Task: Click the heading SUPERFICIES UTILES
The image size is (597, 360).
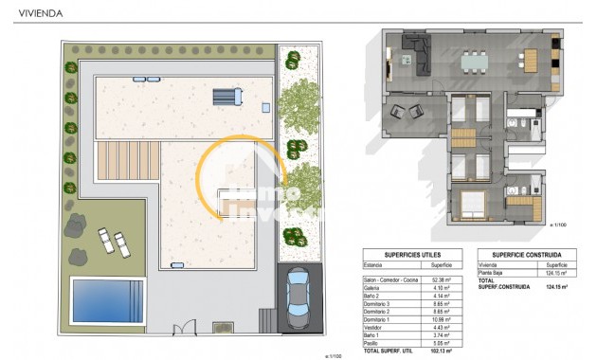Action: [409, 255]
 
